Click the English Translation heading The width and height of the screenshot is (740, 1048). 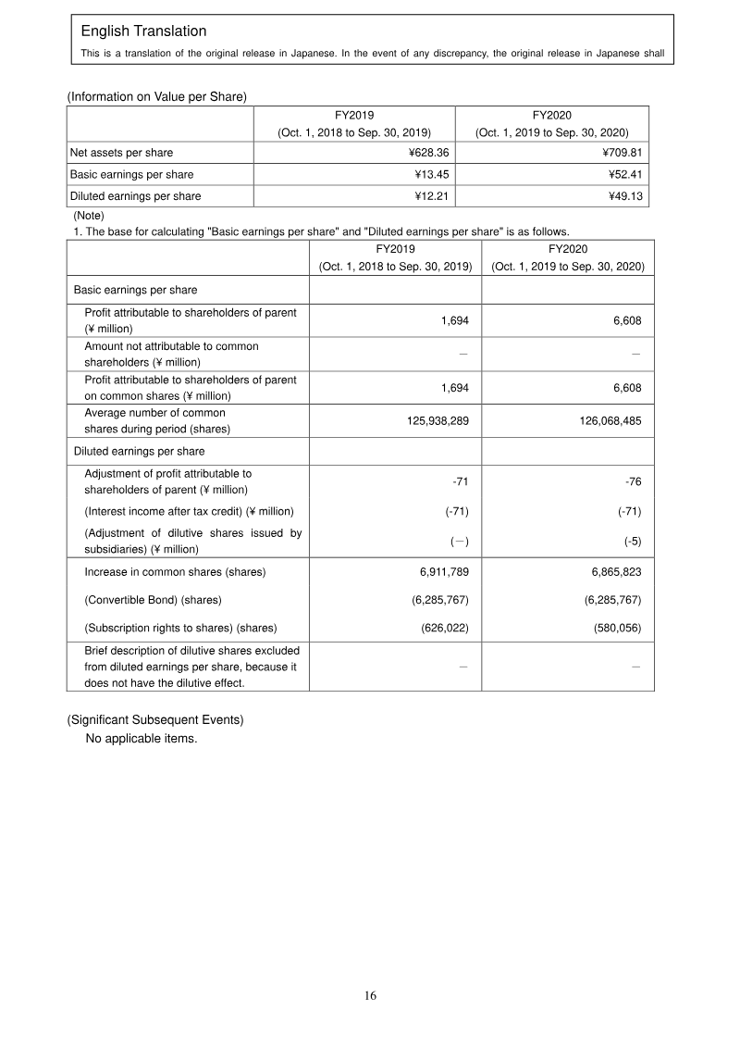[x=143, y=32]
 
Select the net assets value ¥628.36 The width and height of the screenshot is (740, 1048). [x=425, y=152]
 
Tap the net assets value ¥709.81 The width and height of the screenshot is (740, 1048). [x=619, y=152]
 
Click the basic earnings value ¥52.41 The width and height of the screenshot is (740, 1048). [x=623, y=174]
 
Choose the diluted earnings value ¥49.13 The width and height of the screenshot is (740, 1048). [x=623, y=196]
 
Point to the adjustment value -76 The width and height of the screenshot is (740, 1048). [x=634, y=481]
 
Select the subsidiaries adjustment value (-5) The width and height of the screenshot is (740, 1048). [x=633, y=541]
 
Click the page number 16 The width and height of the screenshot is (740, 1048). [x=370, y=996]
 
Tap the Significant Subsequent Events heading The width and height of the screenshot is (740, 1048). [x=154, y=719]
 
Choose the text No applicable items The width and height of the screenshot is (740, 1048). [x=141, y=739]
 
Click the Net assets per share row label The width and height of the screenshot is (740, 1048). [x=121, y=152]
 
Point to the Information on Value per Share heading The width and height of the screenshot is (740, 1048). [x=156, y=95]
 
